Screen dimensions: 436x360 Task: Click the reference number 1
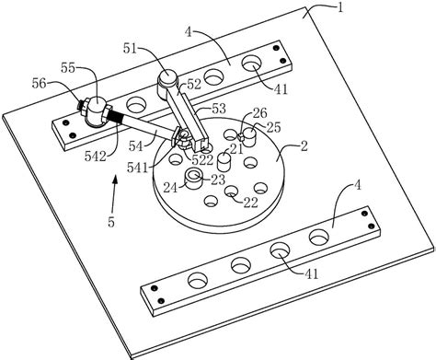(339, 7)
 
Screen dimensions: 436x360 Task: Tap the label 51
(130, 49)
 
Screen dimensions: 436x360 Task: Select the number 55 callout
(68, 68)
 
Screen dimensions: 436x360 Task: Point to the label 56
(39, 84)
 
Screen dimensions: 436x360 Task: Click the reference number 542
(96, 157)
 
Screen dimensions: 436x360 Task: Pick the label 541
(138, 168)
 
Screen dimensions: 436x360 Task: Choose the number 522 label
(202, 159)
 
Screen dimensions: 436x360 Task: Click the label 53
(218, 109)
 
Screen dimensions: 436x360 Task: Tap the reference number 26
(259, 113)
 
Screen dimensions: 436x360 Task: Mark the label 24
(170, 187)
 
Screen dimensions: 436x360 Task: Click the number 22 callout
(250, 203)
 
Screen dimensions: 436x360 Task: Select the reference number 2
(304, 146)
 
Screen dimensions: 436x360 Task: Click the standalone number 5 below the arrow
(111, 222)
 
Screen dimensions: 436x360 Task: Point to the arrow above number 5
(113, 194)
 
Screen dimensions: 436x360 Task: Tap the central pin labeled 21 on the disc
(224, 162)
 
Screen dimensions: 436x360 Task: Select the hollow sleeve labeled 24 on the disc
(194, 179)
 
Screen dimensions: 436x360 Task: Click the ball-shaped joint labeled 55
(96, 110)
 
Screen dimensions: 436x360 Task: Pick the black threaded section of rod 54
(115, 117)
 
